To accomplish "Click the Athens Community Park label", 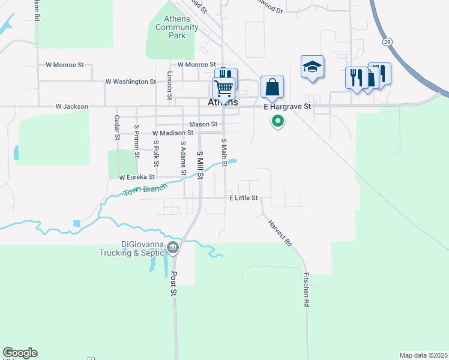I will pos(176,27).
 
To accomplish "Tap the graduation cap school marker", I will pos(312,67).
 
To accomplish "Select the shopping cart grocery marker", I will pos(223,88).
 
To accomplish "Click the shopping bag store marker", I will pos(272,86).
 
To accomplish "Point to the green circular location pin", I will pos(278,121).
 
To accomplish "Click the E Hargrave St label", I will pos(288,107).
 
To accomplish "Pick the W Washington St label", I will pos(130,81).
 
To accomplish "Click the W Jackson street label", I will pos(71,107).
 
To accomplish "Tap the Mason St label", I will pos(203,124).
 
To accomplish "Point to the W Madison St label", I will pos(173,133).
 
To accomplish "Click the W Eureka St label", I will pos(137,177).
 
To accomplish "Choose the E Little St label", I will pos(243,198).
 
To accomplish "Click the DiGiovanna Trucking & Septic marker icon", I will pos(173,247).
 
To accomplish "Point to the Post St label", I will pos(174,284).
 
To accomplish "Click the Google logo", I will pos(20,353).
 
